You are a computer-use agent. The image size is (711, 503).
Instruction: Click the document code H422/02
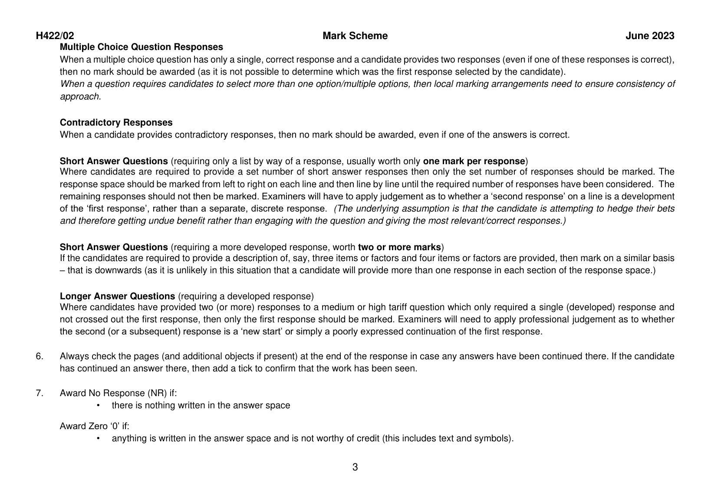pos(55,36)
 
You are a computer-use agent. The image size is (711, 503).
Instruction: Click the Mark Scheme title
pos(355,36)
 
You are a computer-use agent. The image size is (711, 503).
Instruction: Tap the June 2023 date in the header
pos(650,36)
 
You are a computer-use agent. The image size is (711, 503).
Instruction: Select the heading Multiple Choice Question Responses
pos(141,47)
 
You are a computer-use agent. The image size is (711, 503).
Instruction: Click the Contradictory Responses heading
pos(116,122)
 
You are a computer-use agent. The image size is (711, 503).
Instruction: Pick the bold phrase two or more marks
pos(399,247)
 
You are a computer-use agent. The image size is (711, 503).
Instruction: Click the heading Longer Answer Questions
pos(117,296)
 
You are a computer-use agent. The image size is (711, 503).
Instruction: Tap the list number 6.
pos(39,357)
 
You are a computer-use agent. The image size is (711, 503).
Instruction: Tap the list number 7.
pos(39,393)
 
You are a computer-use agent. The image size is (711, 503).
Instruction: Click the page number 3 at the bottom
pos(355,467)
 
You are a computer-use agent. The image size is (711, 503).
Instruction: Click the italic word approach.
pos(80,96)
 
